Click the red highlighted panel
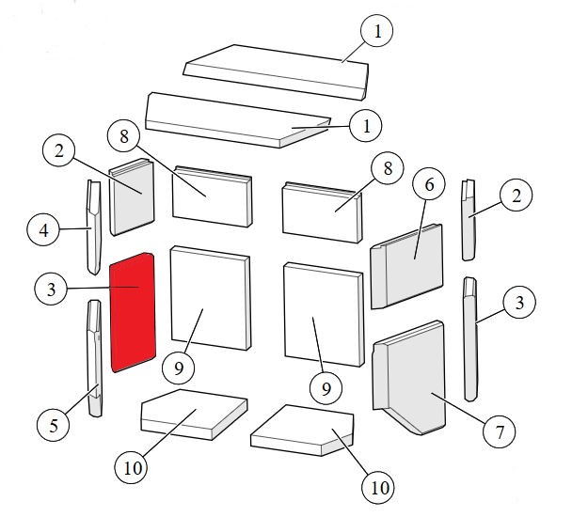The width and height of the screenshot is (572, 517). tap(133, 312)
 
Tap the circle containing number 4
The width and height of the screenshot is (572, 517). tap(43, 229)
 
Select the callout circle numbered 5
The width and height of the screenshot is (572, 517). tap(54, 425)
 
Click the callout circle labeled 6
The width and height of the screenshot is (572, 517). tap(429, 184)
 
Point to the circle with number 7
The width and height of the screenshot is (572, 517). tap(499, 432)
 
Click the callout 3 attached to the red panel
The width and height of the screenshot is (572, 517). tap(51, 290)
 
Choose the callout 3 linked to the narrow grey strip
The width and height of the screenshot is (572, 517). tap(519, 303)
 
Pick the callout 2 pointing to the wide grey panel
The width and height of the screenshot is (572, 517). tap(58, 150)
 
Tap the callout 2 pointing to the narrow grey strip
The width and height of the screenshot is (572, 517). tap(516, 196)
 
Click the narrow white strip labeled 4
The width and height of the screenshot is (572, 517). tap(94, 227)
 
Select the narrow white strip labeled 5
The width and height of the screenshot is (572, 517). tap(94, 358)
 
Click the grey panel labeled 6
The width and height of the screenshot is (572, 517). tap(406, 266)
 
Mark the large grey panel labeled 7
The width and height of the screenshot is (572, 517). tap(409, 377)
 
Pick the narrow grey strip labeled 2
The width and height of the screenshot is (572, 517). tap(469, 220)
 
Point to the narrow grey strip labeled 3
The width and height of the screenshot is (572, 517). tap(470, 339)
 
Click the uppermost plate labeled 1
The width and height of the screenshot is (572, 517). tap(276, 72)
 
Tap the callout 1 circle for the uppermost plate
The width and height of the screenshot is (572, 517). tap(377, 31)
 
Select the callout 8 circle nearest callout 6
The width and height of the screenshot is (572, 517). tap(388, 168)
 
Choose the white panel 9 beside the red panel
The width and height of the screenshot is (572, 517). tap(211, 298)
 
